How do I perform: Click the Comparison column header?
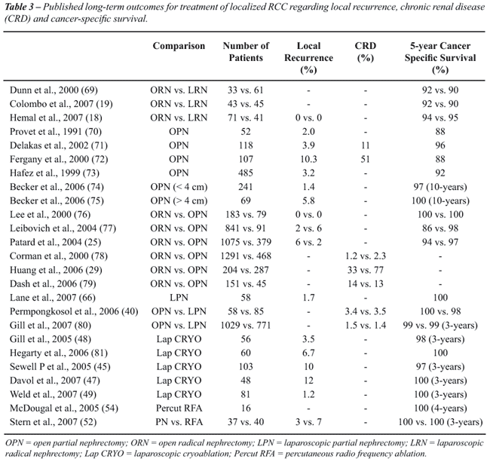coord(179,46)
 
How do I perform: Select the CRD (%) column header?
coord(366,52)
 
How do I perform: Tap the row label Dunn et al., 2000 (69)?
coord(54,90)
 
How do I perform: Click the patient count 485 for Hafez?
coord(246,173)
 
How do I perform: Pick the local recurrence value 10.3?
coord(308,159)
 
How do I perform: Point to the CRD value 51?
coord(366,159)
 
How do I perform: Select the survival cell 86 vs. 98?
coord(440,228)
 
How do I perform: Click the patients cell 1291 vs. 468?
coord(246,256)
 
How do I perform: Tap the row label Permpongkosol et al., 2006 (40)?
coord(74,311)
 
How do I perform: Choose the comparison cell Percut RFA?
coord(179,408)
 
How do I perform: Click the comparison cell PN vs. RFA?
coord(179,422)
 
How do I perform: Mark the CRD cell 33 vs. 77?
coord(366,270)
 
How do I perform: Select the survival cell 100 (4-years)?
coord(440,408)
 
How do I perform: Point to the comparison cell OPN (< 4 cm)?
coord(179,187)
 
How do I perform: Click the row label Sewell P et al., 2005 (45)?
coord(60,367)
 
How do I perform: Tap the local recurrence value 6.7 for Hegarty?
coord(308,353)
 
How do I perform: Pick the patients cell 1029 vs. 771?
coord(246,326)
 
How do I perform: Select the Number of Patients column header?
coord(246,52)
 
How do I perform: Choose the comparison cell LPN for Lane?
coord(179,298)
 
